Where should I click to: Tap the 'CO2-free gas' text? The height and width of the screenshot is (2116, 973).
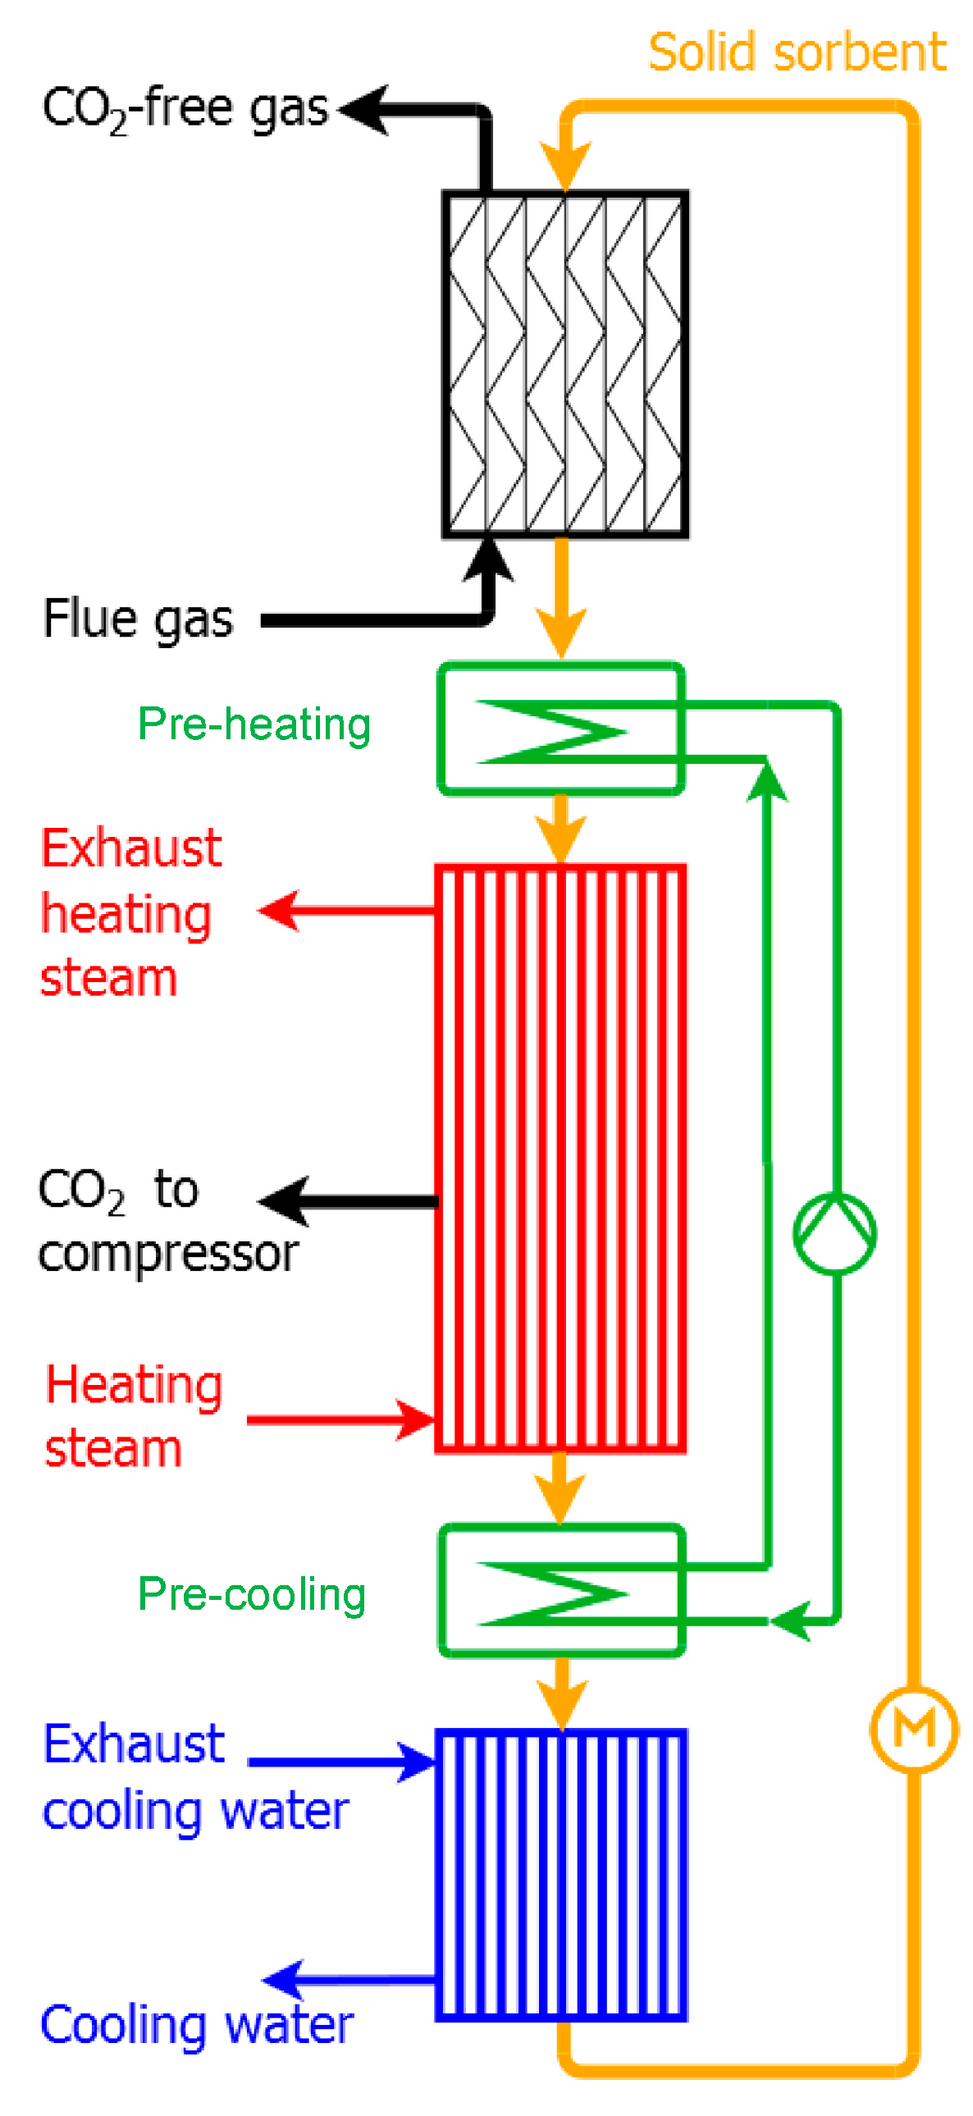185,109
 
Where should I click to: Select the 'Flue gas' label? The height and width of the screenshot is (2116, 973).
137,619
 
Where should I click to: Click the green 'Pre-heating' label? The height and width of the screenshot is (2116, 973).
254,724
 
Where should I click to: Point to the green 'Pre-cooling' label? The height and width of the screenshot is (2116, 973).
251,1594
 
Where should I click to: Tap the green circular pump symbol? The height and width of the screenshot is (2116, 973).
834,1233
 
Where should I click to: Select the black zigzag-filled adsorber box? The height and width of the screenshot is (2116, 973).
565,365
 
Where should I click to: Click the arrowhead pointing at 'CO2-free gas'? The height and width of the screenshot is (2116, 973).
361,109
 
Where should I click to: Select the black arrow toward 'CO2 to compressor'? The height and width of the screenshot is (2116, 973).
284,1202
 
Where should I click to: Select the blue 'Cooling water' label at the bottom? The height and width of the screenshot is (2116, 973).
196,2026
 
